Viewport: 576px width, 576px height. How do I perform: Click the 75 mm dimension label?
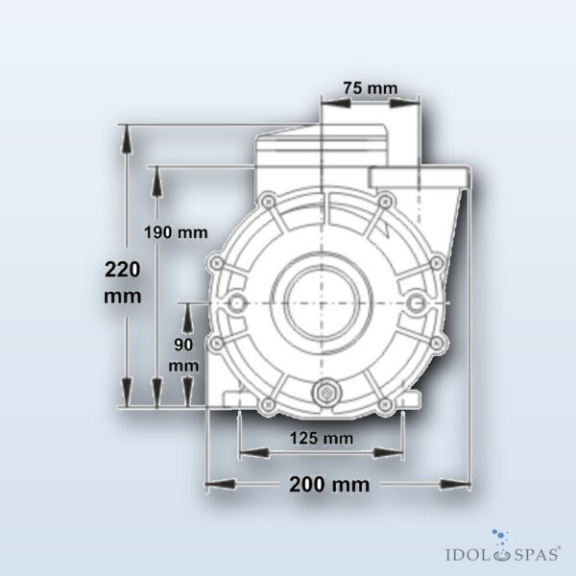371,88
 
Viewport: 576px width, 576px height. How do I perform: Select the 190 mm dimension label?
176,232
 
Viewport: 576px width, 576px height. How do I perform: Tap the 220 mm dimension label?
123,282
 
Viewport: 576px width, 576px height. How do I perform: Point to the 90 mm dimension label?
183,355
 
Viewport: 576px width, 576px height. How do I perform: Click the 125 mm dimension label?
322,439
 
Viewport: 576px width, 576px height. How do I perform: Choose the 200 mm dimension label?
329,485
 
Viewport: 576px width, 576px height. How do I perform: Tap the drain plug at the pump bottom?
325,393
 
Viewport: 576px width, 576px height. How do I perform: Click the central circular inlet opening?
322,303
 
